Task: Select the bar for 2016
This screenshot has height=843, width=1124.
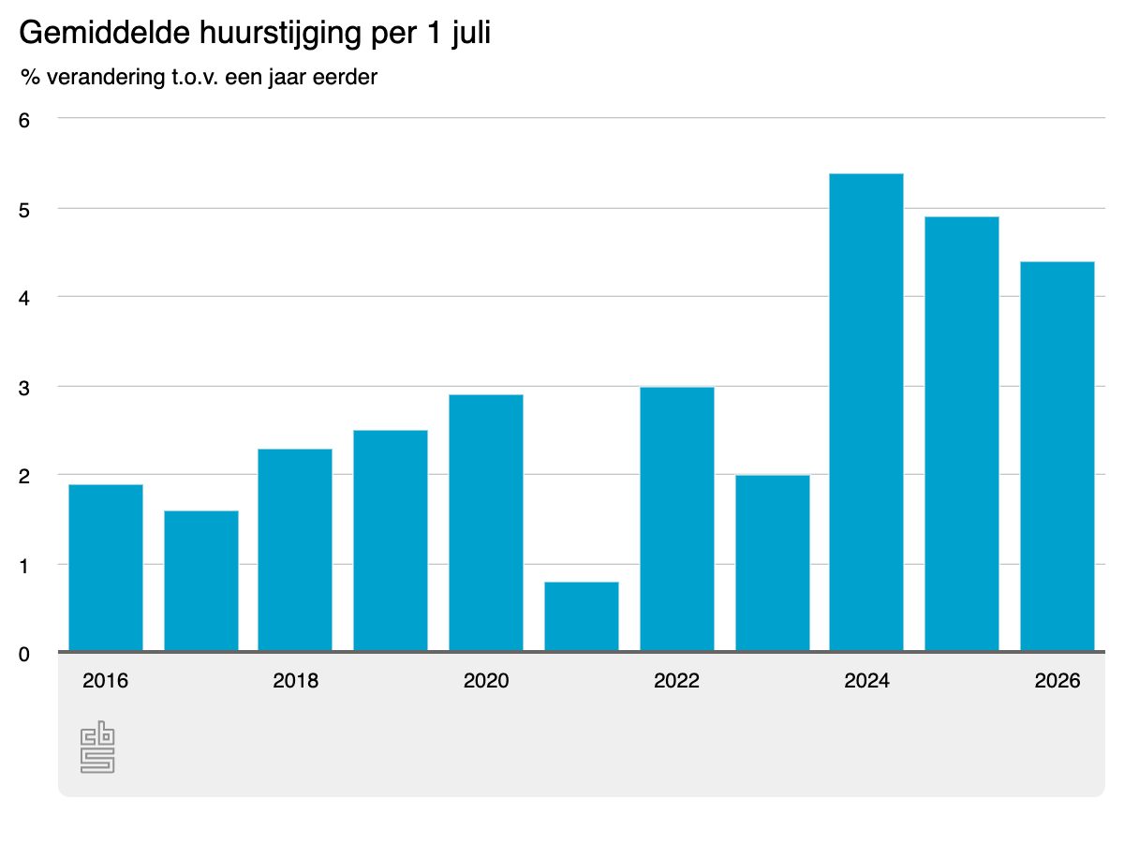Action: pos(106,567)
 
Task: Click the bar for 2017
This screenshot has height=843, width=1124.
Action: pos(200,581)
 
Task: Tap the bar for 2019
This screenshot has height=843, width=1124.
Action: pos(391,540)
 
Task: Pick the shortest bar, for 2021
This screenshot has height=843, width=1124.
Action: pos(582,616)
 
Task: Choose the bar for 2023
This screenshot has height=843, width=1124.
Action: pos(772,563)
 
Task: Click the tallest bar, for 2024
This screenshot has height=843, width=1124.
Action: pos(865,412)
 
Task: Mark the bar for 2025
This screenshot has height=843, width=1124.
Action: pos(962,434)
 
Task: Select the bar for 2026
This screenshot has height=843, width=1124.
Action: pos(1057,456)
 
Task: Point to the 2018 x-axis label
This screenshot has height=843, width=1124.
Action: pos(295,681)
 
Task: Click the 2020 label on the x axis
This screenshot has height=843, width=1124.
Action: pos(486,681)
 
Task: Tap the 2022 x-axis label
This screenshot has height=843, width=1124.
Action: pos(676,681)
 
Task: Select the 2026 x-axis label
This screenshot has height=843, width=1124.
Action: pos(1057,681)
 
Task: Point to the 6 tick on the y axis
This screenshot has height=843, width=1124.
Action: pos(24,121)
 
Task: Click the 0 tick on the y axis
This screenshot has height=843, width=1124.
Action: pos(24,655)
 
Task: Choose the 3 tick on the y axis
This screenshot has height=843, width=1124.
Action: pos(24,389)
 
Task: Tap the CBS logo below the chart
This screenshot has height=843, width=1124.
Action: pos(97,747)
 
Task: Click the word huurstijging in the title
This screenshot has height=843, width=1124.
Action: pos(280,34)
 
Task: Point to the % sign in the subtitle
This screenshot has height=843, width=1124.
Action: pos(30,78)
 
